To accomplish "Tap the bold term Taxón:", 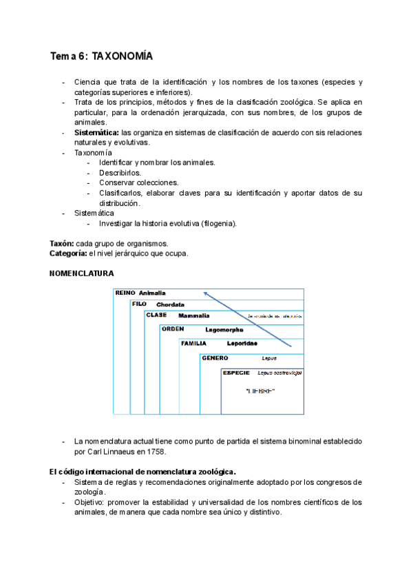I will click(x=62, y=244).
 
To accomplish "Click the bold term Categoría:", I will click(x=68, y=253).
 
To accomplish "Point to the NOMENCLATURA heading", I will click(x=82, y=273).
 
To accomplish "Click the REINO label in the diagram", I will click(x=125, y=293).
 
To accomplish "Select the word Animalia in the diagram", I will click(x=152, y=293).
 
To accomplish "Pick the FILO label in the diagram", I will click(x=140, y=304).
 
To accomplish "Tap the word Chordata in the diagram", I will click(x=170, y=304).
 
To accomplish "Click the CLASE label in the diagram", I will click(x=156, y=315).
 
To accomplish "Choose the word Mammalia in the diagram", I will click(x=194, y=315).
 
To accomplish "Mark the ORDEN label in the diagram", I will click(x=173, y=328).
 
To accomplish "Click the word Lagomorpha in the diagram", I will click(x=224, y=330).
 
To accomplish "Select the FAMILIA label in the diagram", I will click(x=193, y=343).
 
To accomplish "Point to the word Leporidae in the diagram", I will click(x=242, y=343).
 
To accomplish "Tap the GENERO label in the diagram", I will click(x=215, y=357).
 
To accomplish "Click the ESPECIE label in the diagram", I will click(x=235, y=372).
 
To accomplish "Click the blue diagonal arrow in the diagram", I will click(x=248, y=318).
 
